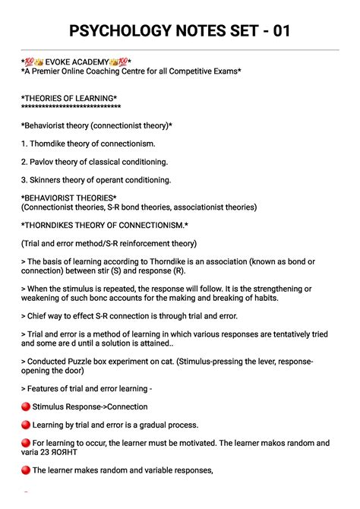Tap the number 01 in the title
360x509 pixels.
coord(277,31)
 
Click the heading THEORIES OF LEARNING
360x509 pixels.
coord(69,99)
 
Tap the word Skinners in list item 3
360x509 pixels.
coord(47,180)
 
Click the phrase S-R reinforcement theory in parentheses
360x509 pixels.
coord(150,243)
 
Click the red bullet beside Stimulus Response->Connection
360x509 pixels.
coord(25,406)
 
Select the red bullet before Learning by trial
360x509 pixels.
coord(25,425)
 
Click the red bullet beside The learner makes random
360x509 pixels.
coord(25,470)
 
